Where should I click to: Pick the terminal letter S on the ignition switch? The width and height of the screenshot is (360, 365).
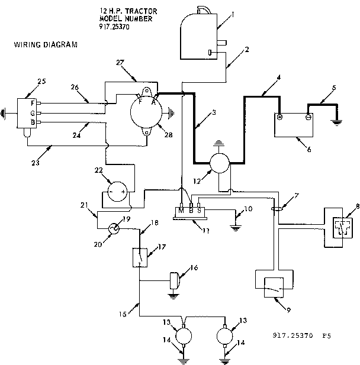(199, 209)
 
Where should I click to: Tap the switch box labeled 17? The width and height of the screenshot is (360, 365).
(139, 257)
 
